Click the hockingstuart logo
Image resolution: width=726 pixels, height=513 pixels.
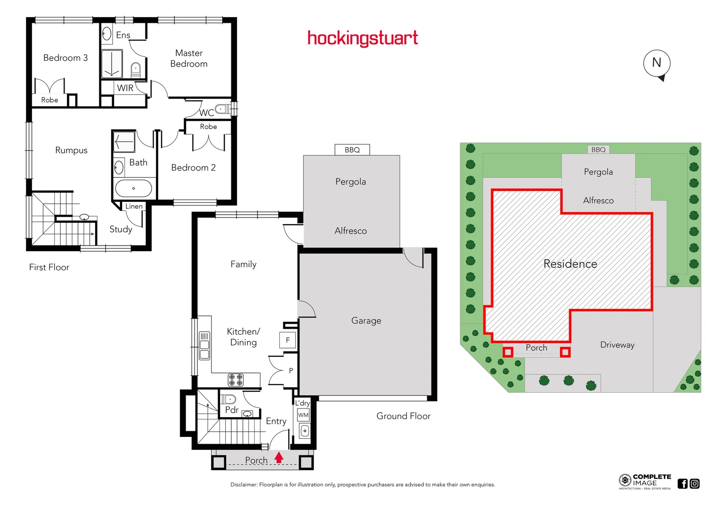coord(363,38)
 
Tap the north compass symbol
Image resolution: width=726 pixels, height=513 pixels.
coord(657,64)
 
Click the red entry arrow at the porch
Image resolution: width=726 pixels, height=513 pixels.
coord(279,457)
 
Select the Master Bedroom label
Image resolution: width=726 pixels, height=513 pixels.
coord(189,58)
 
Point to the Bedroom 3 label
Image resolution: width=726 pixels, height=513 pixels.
coord(66,58)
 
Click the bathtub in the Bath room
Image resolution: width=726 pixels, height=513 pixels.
coord(134,189)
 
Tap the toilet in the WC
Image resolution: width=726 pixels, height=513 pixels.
coord(222,109)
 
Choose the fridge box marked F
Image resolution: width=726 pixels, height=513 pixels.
coord(287,340)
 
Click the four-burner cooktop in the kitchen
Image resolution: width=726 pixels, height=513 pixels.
coord(236,380)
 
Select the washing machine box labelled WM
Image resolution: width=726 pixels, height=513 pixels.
coord(303,415)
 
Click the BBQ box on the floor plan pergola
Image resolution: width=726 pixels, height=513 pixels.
coord(352,150)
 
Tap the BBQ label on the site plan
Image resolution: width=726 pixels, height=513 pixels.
coord(598,150)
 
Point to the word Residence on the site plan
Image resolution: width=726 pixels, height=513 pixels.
coord(570,264)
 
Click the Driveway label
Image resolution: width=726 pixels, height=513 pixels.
coord(617,345)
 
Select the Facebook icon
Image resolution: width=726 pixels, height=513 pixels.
coord(683,484)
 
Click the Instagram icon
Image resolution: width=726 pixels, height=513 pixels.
coord(695,484)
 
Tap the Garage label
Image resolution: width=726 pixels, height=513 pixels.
coord(366,321)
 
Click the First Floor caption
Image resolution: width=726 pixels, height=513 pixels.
coord(49,267)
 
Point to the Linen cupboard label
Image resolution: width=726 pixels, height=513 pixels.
coord(134,206)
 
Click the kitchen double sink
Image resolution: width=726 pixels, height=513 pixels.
coord(204,345)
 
